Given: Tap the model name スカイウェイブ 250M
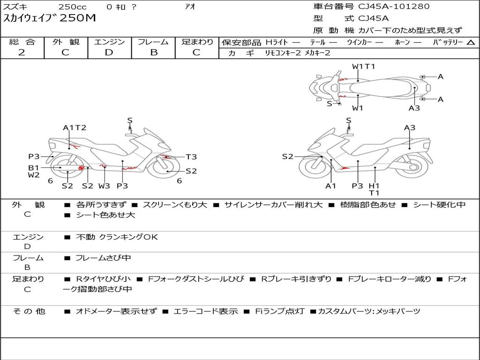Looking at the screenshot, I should [x=50, y=18].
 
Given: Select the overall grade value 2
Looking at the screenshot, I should [x=22, y=52].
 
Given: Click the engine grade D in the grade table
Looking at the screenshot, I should [x=109, y=52].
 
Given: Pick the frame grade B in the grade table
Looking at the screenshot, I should [x=153, y=52].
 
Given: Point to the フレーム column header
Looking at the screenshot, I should [x=153, y=42].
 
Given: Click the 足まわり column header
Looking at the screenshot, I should [x=197, y=42].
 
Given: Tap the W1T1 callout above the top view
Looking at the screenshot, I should [x=363, y=67].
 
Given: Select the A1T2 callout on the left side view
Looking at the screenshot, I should [x=75, y=127].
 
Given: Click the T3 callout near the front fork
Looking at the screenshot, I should [x=191, y=157].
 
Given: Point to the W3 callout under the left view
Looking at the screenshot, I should [x=104, y=186].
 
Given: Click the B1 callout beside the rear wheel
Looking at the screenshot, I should [x=33, y=167].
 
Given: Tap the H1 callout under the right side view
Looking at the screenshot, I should [x=374, y=186].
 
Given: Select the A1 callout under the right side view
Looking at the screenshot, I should [x=331, y=186].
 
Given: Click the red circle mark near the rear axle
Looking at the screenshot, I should [x=81, y=168].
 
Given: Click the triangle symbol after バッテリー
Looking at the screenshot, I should [x=471, y=42].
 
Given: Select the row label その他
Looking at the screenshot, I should [x=29, y=311].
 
